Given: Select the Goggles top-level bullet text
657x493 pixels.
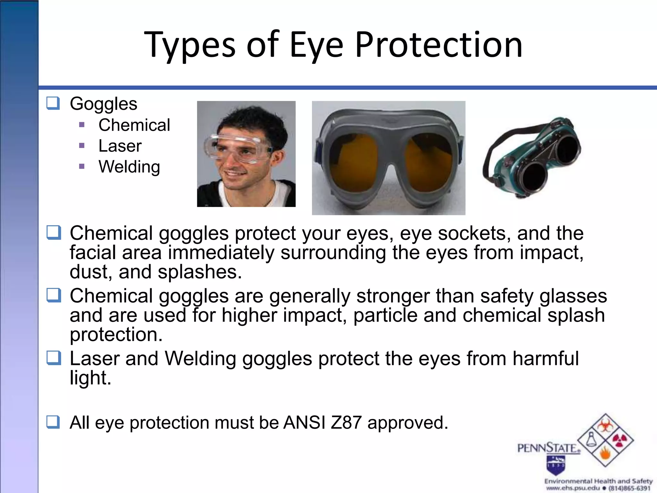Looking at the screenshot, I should point(103,104).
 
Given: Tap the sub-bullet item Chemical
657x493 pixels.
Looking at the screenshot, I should point(134,125).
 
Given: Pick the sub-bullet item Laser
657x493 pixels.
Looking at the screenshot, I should point(120,146).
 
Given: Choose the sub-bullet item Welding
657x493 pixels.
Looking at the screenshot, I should point(129,167).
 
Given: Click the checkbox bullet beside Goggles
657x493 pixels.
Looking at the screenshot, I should point(53,103).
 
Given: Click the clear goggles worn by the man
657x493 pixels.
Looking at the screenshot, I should point(239,149).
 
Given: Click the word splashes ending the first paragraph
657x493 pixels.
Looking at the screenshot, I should point(200,272).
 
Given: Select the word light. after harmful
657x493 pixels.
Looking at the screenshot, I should point(90,378).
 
